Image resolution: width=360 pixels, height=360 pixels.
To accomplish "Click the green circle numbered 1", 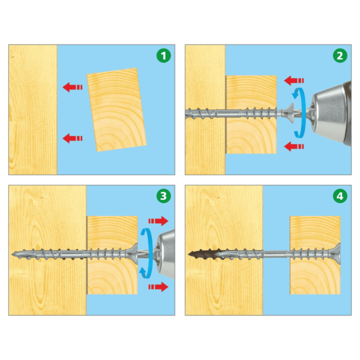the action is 164,56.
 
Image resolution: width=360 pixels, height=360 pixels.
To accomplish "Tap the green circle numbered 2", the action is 340,56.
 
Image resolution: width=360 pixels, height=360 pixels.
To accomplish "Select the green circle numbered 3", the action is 164,196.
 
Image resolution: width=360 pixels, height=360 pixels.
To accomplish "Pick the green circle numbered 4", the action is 340,196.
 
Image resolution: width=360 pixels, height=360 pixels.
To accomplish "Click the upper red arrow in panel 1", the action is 73,87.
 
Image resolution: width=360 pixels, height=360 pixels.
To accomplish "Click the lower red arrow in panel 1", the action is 73,138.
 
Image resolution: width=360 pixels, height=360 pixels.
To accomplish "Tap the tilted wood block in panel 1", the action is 116,110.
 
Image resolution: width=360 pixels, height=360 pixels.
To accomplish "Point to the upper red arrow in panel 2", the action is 294,80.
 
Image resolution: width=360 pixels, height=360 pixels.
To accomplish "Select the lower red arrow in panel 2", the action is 294,146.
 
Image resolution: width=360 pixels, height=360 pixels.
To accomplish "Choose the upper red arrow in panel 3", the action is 159,221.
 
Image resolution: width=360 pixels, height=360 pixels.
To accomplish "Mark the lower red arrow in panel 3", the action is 159,287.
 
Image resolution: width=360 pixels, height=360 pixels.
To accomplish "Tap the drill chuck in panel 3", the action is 166,254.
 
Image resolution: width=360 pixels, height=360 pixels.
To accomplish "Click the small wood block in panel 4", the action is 315,255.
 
